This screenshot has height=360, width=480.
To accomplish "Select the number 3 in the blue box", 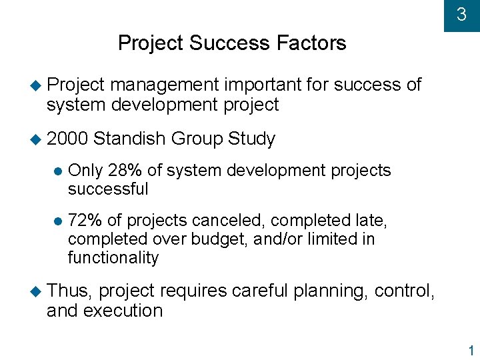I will click(461, 14).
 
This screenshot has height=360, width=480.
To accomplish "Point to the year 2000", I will click(67, 139).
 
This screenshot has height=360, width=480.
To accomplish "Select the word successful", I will click(108, 189).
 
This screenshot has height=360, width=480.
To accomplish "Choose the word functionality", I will click(113, 258).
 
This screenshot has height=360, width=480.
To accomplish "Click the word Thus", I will click(70, 291).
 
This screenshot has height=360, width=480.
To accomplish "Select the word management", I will click(165, 85).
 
